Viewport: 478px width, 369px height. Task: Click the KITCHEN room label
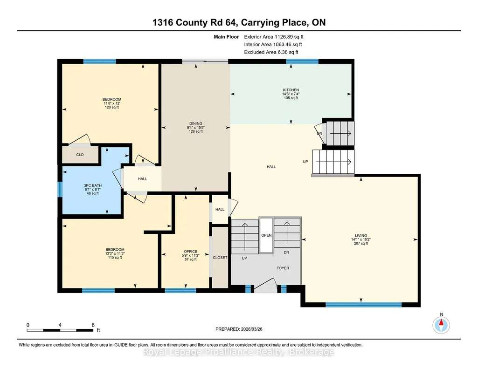pos(291,90)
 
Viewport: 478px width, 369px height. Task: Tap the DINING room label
pos(196,123)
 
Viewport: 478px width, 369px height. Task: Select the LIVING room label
pos(361,236)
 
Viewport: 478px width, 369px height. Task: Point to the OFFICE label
pos(191,252)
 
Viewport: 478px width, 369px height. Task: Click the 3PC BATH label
pos(93,185)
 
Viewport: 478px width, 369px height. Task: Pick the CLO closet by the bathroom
pos(80,155)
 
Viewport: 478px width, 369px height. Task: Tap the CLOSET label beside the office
pos(220,258)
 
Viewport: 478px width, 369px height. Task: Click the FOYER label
pos(283,268)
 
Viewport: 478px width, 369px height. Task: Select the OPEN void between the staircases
pos(266,235)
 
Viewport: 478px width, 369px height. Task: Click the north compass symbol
pos(441,325)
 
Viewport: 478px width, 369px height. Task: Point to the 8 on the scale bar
pos(93,325)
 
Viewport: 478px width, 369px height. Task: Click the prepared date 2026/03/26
pos(251,329)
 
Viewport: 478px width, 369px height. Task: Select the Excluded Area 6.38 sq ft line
pos(271,52)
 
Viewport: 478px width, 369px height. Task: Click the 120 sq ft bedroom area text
pos(112,107)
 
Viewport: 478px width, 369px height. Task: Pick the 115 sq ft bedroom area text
pos(115,257)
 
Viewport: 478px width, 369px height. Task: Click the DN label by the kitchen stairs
pos(319,133)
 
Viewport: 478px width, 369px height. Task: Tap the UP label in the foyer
pos(244,258)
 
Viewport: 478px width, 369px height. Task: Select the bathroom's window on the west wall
pos(60,189)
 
